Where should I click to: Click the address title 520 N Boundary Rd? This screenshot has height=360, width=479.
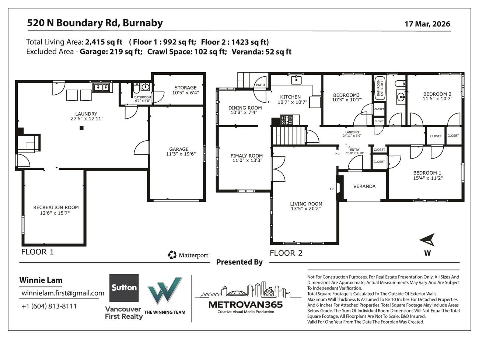coord(95,23)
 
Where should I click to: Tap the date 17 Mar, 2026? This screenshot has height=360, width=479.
coord(427,24)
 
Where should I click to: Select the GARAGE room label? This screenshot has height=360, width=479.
coord(179,149)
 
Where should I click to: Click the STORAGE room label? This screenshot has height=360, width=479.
coord(185,88)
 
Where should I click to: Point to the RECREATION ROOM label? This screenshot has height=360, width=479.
coord(56,207)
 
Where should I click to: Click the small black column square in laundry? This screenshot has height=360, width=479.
coord(82,128)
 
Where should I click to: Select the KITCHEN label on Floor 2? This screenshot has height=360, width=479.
coord(290,97)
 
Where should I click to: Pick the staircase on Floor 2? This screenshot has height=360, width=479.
coord(289,135)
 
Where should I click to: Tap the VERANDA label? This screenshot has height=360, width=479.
coord(364,186)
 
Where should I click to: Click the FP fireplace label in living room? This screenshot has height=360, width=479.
coord(332,189)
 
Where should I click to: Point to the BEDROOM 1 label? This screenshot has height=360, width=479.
coord(427,173)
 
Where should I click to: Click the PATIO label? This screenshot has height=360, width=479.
coord(260,85)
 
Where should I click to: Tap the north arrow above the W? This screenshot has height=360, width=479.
coord(428,240)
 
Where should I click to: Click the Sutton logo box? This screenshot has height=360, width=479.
coord(124,288)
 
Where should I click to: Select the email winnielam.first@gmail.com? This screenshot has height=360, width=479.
coord(63,293)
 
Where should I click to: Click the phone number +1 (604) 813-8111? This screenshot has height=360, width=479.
coord(49,306)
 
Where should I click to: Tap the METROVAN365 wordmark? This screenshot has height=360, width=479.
coord(245,304)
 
